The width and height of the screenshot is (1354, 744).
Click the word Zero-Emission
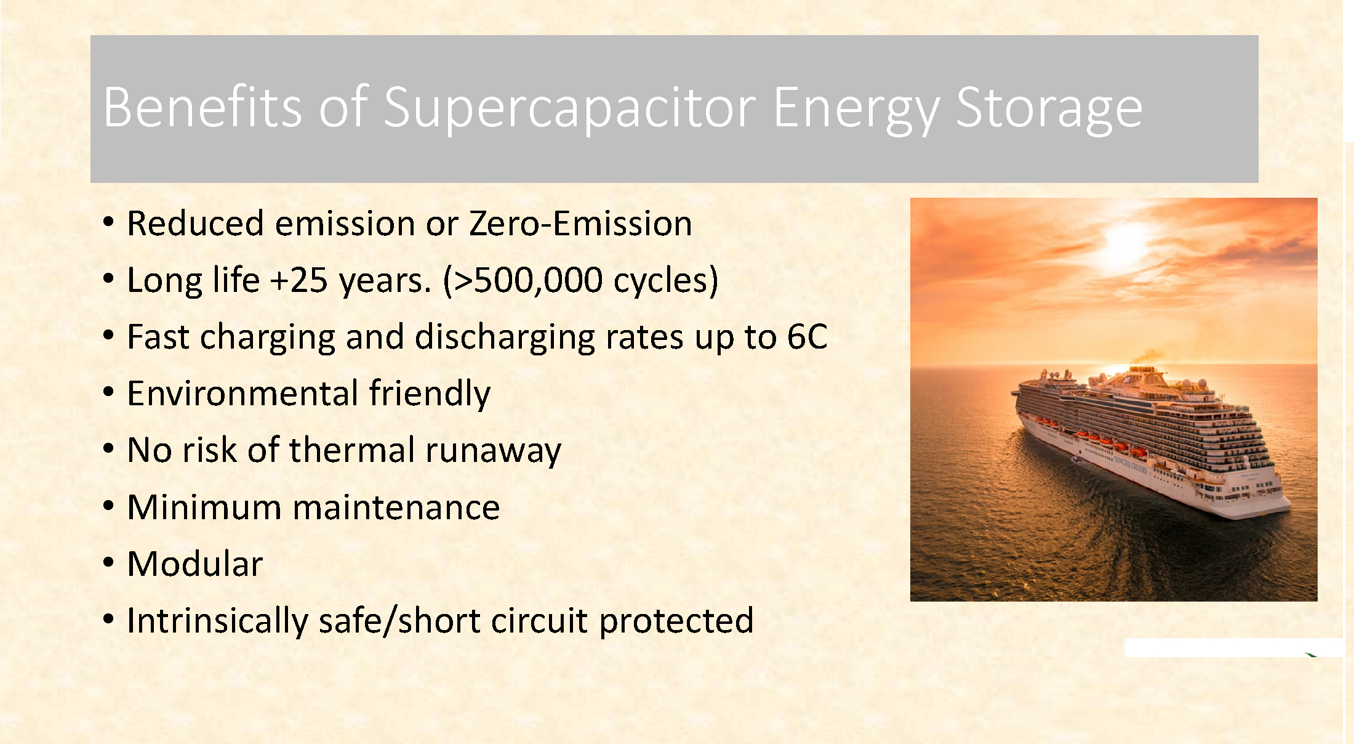[580, 223]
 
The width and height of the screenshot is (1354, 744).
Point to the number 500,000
[538, 281]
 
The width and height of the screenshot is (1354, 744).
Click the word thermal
[352, 450]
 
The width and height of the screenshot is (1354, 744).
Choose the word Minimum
[204, 507]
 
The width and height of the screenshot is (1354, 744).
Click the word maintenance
[396, 507]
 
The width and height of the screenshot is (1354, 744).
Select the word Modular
[195, 564]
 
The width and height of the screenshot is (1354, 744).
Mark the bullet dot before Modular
[109, 562]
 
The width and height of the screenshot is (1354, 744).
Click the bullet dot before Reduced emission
[109, 221]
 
